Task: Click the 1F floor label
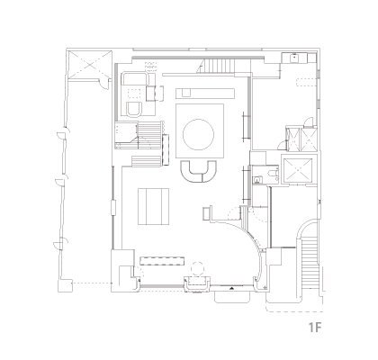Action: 315,327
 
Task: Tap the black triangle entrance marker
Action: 232,288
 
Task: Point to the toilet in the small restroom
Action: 273,175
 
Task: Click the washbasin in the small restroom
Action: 256,180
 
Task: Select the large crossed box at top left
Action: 89,65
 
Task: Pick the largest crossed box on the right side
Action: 298,170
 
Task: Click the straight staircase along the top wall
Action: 219,66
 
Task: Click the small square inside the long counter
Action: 186,94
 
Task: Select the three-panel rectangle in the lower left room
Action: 154,206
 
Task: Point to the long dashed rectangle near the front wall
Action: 162,261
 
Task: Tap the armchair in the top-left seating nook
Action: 134,109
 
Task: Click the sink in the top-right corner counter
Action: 294,58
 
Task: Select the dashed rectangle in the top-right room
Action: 306,82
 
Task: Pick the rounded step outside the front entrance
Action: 232,297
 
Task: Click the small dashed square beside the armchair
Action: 134,94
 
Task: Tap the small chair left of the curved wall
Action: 207,213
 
